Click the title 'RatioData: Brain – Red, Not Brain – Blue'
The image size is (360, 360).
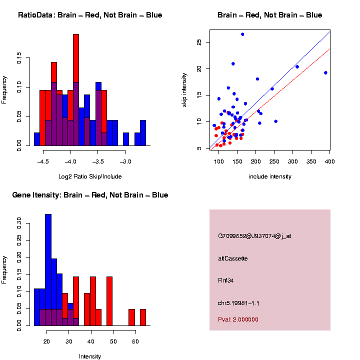pyautogui.click(x=90, y=15)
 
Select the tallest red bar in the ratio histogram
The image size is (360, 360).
pyautogui.click(x=76, y=90)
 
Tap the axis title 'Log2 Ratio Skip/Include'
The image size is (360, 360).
pyautogui.click(x=90, y=176)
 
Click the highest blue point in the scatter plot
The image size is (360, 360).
pyautogui.click(x=242, y=34)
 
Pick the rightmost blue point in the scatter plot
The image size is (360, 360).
pyautogui.click(x=325, y=72)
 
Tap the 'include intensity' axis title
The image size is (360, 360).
pyautogui.click(x=270, y=176)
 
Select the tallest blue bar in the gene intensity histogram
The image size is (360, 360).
pyautogui.click(x=48, y=270)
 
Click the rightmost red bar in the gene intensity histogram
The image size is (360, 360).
pyautogui.click(x=142, y=317)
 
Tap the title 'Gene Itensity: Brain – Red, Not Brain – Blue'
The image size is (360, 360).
pyautogui.click(x=90, y=195)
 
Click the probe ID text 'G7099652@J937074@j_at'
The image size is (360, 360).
pyautogui.click(x=254, y=236)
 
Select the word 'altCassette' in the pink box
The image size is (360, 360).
pyautogui.click(x=232, y=258)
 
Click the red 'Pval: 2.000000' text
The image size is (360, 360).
pyautogui.click(x=238, y=319)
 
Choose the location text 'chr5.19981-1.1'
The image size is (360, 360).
pyautogui.click(x=238, y=303)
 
